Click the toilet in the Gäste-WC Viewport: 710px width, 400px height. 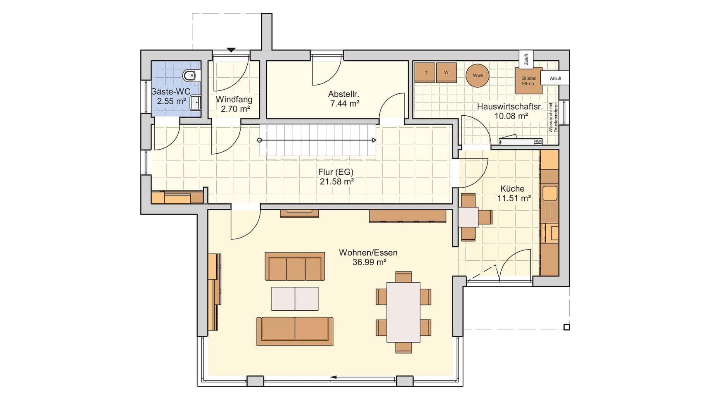tap(190, 76)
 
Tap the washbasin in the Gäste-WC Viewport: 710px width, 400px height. tap(195, 102)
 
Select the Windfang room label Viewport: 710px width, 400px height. tap(234, 100)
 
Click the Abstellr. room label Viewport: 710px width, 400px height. tap(343, 94)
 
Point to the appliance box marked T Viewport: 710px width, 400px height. tap(425, 73)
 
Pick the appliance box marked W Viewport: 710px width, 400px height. tap(446, 73)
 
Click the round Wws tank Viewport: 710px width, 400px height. tap(478, 76)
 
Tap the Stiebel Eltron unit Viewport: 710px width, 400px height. tap(529, 81)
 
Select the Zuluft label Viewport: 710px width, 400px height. tap(526, 60)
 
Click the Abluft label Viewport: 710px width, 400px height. tap(556, 79)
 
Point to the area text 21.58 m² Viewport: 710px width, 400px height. tap(337, 181)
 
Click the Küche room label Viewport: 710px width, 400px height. tap(512, 189)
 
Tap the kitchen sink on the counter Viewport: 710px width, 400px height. tap(549, 193)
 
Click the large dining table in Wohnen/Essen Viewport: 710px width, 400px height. tap(403, 312)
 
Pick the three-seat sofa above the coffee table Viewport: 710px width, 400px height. tap(295, 267)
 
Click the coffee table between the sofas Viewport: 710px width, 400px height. tap(295, 299)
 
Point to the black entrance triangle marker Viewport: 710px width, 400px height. tap(231, 50)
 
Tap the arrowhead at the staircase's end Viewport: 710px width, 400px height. tap(374, 140)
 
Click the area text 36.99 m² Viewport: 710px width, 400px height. tap(369, 262)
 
